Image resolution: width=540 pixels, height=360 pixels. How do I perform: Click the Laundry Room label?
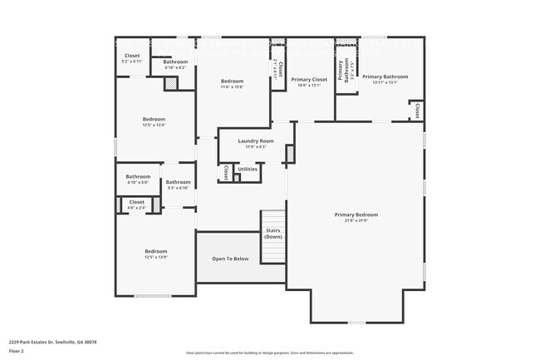pos(255,141)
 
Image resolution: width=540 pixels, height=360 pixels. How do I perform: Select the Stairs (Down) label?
pos(273,234)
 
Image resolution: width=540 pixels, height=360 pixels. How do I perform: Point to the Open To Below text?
pos(230,259)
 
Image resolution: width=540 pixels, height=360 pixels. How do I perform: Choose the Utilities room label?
pos(248,169)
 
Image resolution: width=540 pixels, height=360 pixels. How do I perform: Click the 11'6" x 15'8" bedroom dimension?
pos(232,87)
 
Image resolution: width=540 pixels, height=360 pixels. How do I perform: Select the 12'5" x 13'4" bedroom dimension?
pos(155,126)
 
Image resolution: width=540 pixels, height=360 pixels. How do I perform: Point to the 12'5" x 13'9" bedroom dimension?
pos(156,257)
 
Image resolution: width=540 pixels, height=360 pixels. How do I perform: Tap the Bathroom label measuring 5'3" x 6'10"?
pos(178,182)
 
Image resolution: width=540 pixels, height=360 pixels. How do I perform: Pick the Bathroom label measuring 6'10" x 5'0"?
pos(138,176)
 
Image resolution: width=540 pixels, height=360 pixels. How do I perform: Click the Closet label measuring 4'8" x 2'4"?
pos(137,202)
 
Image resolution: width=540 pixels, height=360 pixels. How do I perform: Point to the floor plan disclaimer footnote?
pos(269,353)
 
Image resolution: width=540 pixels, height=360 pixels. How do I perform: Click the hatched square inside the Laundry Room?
pos(290,154)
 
